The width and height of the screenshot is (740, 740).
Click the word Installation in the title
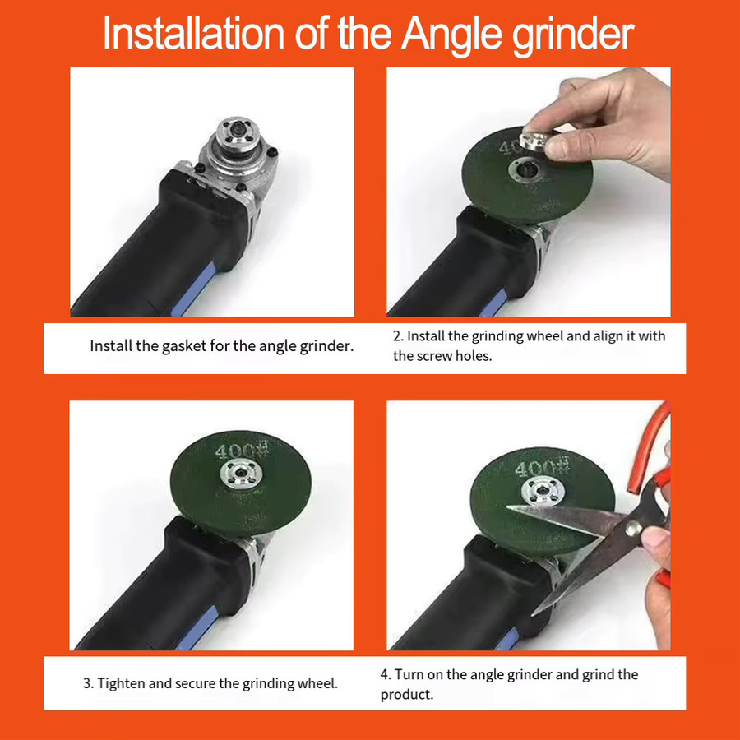[193, 33]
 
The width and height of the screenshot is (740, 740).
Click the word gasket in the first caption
[184, 346]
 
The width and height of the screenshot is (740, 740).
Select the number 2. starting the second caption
[398, 336]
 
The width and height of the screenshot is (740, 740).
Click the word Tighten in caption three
[122, 683]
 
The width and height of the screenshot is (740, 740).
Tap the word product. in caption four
[407, 695]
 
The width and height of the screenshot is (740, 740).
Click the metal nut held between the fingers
[534, 141]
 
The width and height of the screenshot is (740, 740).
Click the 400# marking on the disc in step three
[242, 451]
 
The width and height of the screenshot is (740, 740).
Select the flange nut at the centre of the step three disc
[240, 474]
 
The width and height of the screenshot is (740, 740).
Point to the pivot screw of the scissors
[632, 527]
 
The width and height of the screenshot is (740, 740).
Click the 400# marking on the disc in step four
[543, 468]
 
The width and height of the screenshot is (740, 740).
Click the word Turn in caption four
[409, 675]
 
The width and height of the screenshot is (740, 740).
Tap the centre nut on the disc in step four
[542, 492]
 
